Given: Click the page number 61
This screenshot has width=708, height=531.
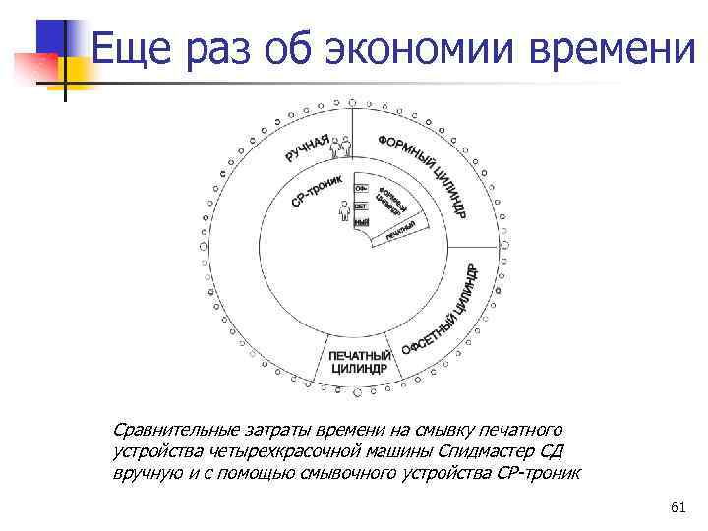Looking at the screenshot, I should (x=677, y=507).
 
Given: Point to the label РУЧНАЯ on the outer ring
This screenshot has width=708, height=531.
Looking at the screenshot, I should (x=308, y=148).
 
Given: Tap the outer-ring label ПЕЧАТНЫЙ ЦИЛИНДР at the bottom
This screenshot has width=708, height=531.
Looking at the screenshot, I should (x=358, y=362).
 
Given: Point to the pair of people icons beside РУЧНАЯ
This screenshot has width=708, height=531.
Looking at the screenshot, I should (x=340, y=147).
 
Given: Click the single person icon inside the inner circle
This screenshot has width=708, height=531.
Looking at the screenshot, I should (x=344, y=212).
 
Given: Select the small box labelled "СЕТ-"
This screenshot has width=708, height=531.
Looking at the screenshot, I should (x=361, y=206).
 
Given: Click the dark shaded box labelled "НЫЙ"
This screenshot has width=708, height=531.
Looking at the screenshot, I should (x=361, y=224).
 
